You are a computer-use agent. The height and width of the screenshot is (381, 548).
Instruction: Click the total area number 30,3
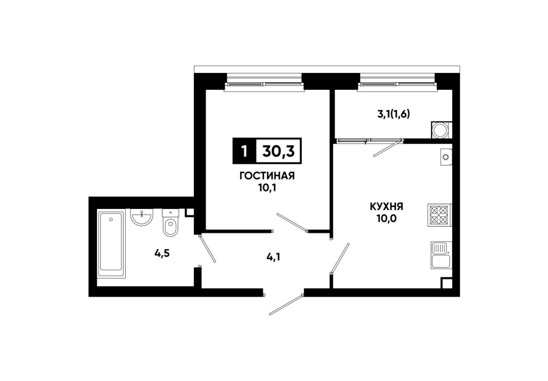pyautogui.click(x=278, y=151)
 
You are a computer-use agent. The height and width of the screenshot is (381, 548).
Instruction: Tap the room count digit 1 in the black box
pyautogui.click(x=244, y=151)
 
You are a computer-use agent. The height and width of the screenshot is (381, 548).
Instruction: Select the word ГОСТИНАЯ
pyautogui.click(x=267, y=176)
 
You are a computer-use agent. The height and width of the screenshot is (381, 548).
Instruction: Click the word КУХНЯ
pyautogui.click(x=387, y=206)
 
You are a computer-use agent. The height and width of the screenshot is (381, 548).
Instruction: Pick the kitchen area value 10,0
pyautogui.click(x=387, y=219)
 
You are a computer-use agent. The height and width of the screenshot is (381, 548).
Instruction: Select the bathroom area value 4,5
pyautogui.click(x=162, y=254)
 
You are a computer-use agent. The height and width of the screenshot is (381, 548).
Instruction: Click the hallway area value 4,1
pyautogui.click(x=273, y=258)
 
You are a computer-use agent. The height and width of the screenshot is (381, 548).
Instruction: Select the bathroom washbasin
pyautogui.click(x=142, y=217)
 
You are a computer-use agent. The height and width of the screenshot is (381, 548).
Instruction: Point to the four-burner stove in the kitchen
pyautogui.click(x=439, y=215)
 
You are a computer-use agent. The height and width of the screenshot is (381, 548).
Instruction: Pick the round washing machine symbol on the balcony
pyautogui.click(x=441, y=130)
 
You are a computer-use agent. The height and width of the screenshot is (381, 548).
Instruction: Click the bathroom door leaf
pyautogui.click(x=207, y=249)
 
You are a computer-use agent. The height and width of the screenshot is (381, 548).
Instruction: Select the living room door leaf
pyautogui.click(x=292, y=222)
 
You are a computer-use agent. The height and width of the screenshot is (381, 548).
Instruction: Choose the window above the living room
pyautogui.click(x=264, y=83)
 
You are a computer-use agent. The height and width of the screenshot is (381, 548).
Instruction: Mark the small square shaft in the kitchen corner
pyautogui.click(x=446, y=283)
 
